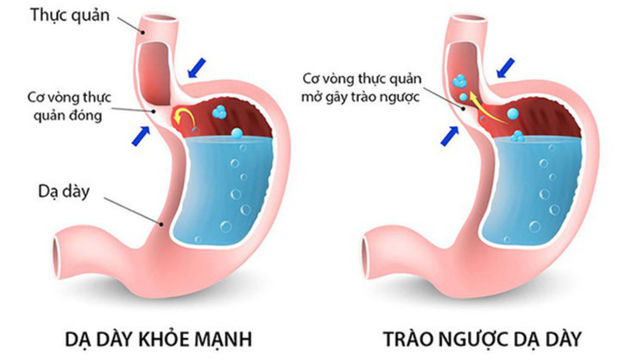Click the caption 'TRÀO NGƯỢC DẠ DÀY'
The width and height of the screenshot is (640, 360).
(482, 334)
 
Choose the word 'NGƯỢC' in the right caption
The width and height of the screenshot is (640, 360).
(478, 334)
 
